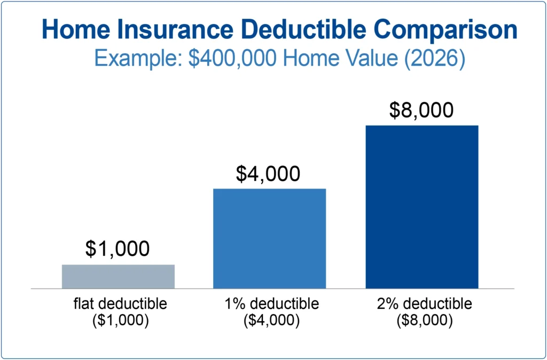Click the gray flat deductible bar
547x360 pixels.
(118, 276)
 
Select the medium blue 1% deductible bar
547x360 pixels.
(269, 238)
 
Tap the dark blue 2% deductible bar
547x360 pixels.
(421, 207)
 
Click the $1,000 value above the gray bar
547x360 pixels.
(118, 248)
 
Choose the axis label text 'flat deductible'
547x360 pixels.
(120, 304)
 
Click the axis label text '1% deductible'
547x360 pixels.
(272, 304)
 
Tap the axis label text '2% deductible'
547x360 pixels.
(424, 304)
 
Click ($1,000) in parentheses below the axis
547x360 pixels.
(120, 321)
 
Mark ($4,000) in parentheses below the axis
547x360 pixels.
(272, 321)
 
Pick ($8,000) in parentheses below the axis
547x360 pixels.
(424, 321)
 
